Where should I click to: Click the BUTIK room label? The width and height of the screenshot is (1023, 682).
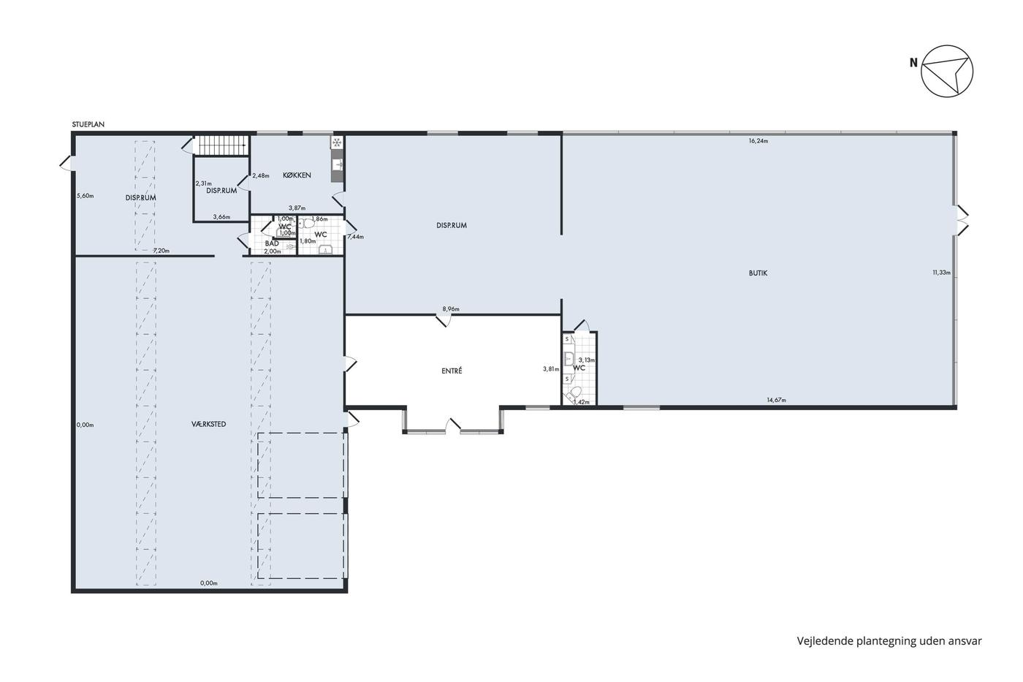[758, 273]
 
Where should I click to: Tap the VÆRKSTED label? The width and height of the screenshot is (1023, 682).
[209, 424]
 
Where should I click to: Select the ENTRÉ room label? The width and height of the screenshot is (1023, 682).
[452, 371]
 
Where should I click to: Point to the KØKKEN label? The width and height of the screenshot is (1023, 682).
[297, 175]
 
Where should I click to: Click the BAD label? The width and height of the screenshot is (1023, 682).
[272, 243]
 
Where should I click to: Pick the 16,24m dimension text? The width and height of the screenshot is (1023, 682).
[758, 141]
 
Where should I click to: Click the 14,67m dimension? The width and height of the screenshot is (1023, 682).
[776, 400]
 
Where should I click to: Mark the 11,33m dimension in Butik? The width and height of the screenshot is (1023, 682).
[942, 273]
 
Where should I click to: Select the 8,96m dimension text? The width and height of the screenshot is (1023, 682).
[451, 308]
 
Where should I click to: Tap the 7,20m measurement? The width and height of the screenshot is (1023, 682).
[161, 250]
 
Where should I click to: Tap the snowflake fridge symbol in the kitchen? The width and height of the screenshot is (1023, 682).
[337, 143]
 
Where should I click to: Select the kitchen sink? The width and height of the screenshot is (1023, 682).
[337, 164]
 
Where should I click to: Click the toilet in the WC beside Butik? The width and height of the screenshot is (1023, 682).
[573, 393]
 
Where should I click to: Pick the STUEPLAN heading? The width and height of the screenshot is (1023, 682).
[88, 124]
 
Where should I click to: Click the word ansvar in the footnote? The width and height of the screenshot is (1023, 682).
[965, 641]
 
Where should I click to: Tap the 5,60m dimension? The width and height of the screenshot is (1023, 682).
[85, 196]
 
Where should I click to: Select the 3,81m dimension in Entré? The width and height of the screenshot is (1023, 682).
[551, 369]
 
